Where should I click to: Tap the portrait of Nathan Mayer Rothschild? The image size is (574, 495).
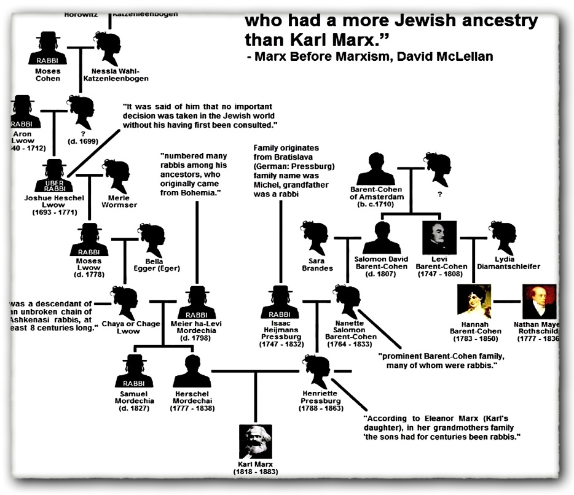[539, 301]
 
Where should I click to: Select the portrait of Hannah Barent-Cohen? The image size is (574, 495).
[474, 301]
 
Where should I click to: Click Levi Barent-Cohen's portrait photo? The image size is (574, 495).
[440, 236]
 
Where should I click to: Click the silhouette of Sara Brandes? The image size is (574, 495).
[316, 238]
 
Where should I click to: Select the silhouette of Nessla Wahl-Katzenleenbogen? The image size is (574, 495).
[108, 49]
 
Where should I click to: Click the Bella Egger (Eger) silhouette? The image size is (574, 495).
[150, 241]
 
